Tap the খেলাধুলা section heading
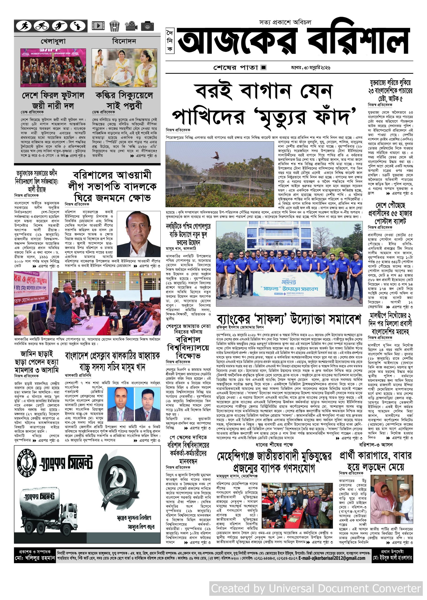53,41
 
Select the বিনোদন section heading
124,41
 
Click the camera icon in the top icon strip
147,26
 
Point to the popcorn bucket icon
114,26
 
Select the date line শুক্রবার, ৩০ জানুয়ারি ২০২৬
310,67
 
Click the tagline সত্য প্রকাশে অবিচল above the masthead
285,22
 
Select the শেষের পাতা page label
236,67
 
